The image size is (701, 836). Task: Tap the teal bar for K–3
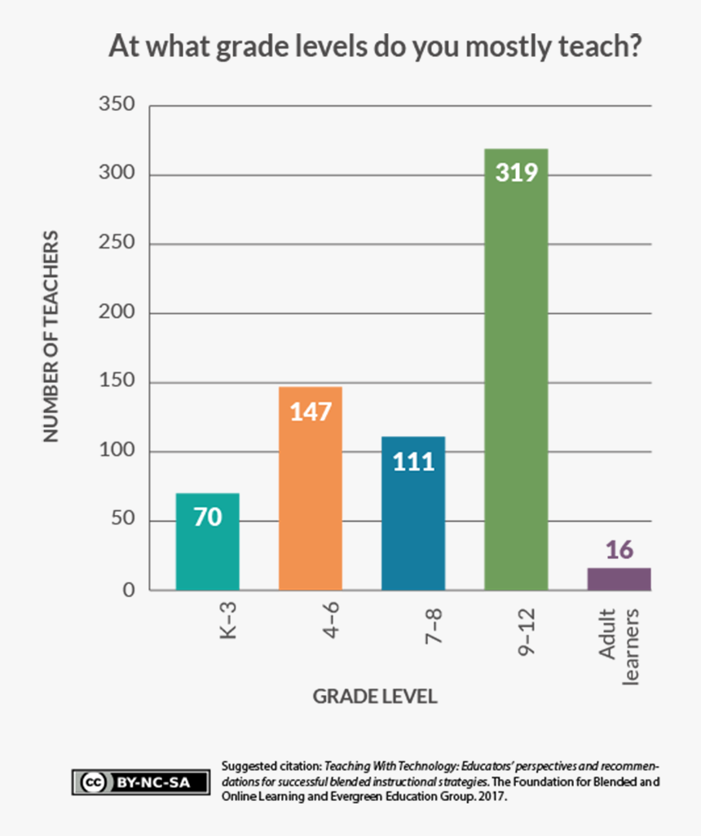tap(208, 546)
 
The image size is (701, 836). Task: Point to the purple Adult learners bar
tap(619, 579)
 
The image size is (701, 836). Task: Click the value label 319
tap(516, 173)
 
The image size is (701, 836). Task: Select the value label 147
tap(311, 411)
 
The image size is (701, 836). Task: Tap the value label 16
tap(619, 550)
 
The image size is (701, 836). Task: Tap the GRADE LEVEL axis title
tap(375, 697)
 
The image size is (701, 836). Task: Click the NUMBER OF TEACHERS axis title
tap(51, 337)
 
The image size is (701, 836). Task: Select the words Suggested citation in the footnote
tap(271, 767)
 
